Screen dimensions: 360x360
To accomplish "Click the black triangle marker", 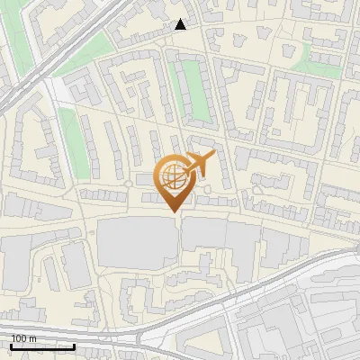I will (x=181, y=24).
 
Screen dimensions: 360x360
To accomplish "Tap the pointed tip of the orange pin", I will (x=174, y=212).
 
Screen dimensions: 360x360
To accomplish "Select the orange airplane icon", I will (x=200, y=164).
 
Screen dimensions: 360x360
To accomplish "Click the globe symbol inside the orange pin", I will (x=174, y=175).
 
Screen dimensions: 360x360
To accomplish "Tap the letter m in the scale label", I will (x=31, y=337).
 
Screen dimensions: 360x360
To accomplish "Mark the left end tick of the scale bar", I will (x=11, y=345).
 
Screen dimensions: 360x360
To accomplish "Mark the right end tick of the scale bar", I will (x=74, y=345).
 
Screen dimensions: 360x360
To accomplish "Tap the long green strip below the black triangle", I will (x=195, y=94).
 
